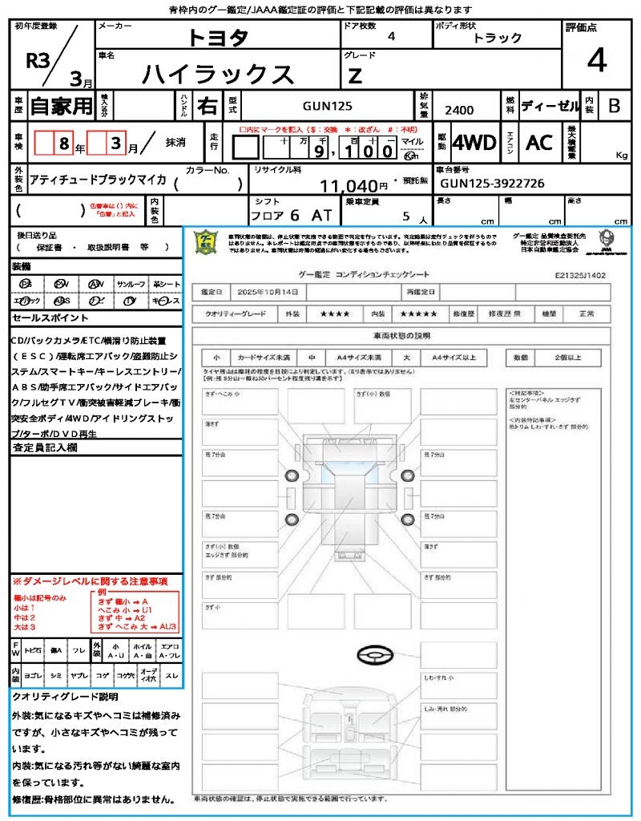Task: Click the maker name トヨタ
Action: point(218,38)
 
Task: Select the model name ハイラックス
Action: point(218,74)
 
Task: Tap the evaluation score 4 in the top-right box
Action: point(596,61)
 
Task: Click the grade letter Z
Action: point(355,76)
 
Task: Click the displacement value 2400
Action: point(459,111)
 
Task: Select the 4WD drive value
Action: point(474,143)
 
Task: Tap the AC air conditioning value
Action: point(539,143)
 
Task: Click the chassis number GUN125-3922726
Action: point(492,184)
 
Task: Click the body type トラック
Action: point(498,38)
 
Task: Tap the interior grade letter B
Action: point(614,105)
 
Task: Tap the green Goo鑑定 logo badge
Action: point(207,241)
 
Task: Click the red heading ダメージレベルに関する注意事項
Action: point(90,580)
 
